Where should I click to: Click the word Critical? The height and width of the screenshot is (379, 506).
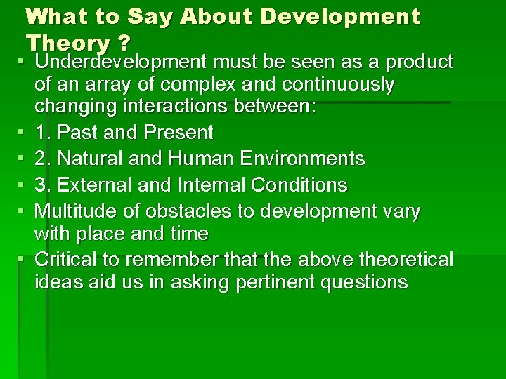click(67, 260)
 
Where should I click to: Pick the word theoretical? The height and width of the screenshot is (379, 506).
click(408, 260)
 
